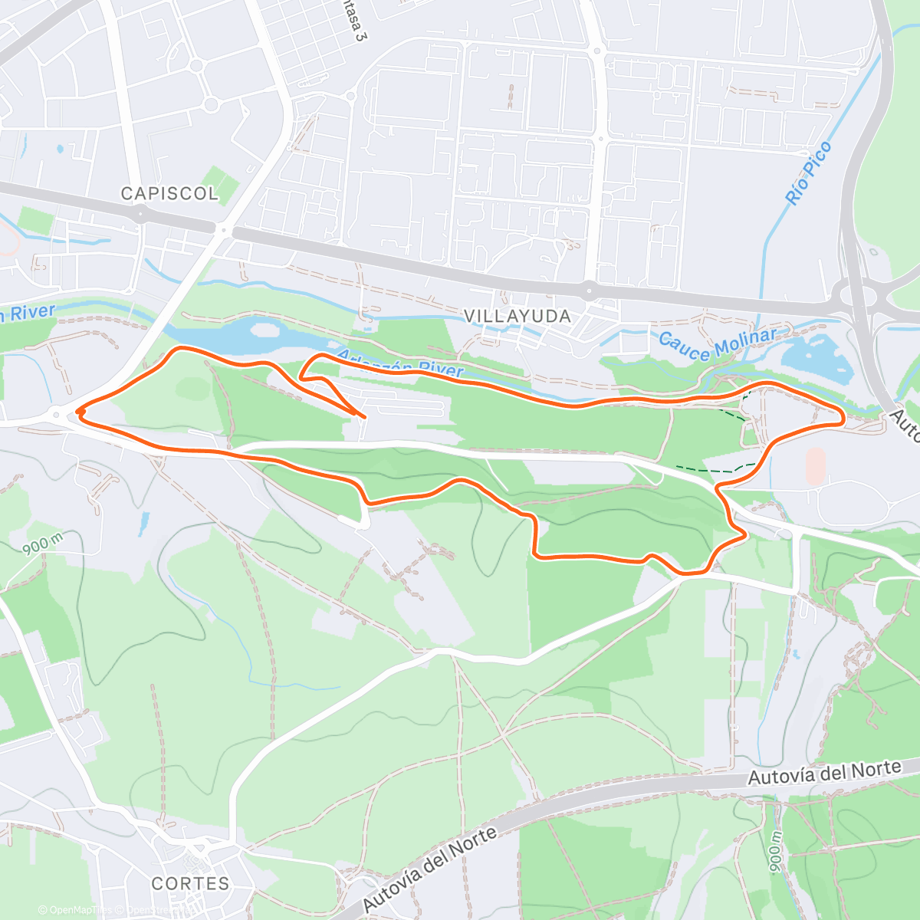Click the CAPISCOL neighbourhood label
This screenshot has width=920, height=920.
[x=169, y=193]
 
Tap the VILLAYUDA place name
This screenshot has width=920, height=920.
[x=517, y=316]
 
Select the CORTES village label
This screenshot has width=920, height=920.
[x=190, y=883]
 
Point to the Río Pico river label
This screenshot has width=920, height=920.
[x=808, y=172]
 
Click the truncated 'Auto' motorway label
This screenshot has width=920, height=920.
[x=905, y=426]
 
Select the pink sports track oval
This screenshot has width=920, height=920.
[x=816, y=465]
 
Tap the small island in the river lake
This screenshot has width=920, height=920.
[x=265, y=330]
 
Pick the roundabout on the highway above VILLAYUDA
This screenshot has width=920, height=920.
[x=589, y=290]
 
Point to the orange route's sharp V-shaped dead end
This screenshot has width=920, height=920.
[x=360, y=416]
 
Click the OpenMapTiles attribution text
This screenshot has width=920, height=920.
[x=75, y=910]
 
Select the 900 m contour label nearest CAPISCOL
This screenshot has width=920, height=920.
[x=42, y=544]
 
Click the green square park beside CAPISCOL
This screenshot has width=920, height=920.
[x=221, y=185]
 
